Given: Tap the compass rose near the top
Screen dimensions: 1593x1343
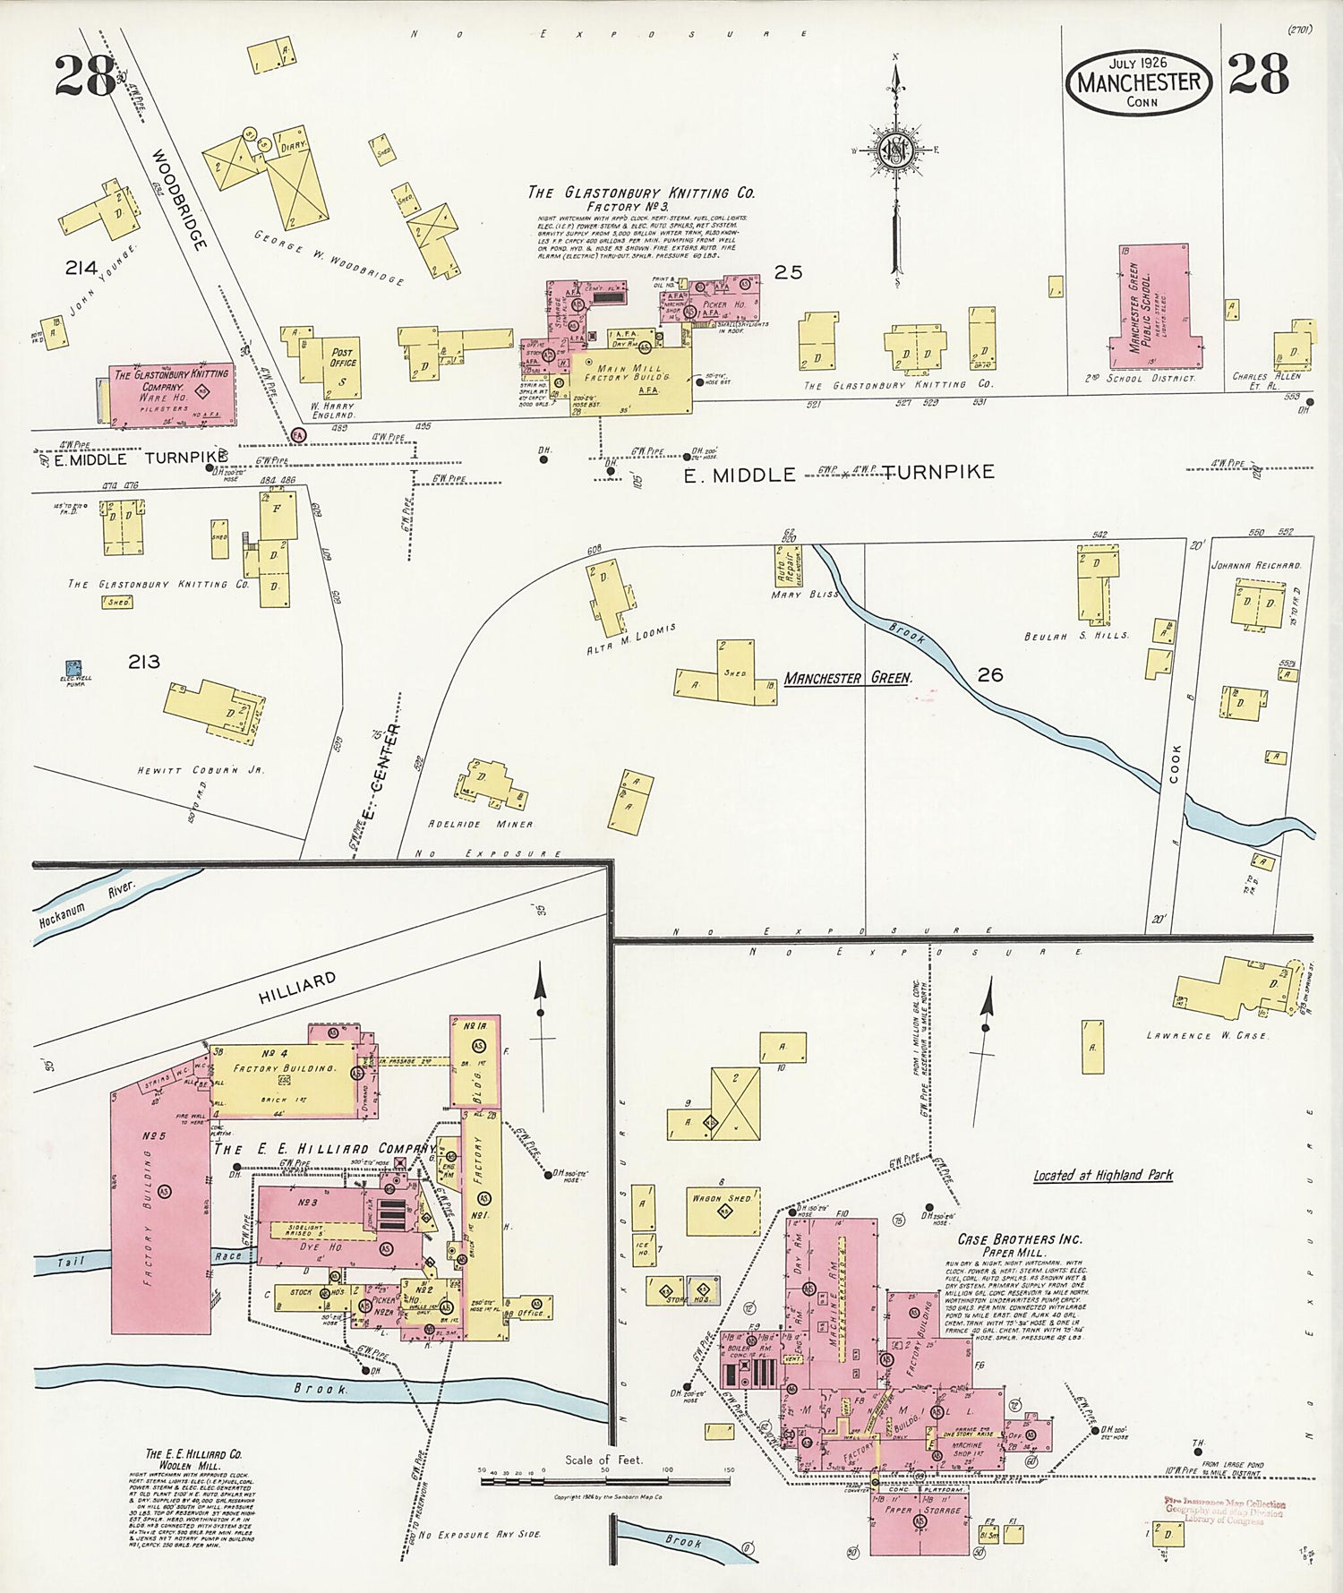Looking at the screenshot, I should tap(894, 149).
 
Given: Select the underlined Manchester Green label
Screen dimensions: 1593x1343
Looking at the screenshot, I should tap(847, 678).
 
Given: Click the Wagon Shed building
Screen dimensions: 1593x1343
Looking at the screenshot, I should tap(723, 1210).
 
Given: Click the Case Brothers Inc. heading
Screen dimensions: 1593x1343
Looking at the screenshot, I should tap(1019, 1239).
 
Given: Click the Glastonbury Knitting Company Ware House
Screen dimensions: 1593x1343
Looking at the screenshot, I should tap(171, 393).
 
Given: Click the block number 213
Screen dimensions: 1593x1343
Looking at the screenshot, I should tap(143, 662).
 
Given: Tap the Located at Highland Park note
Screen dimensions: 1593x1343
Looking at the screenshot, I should tap(1102, 1175).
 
